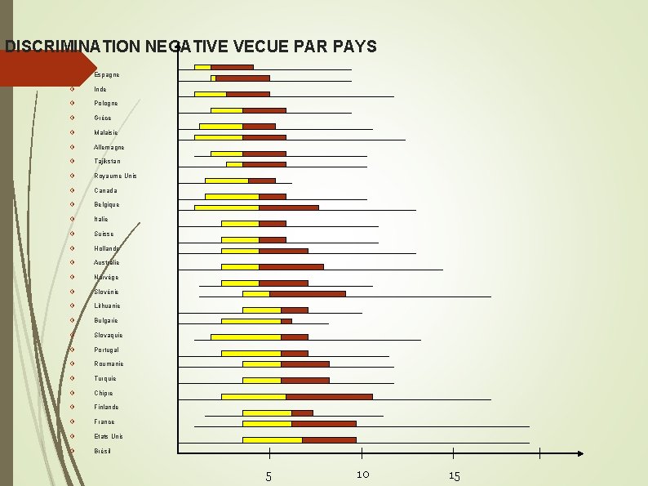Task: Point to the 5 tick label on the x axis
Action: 269,476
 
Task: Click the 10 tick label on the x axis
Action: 363,475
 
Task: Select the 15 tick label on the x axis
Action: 455,476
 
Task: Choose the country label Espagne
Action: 107,74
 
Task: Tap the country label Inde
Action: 100,89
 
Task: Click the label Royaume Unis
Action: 116,176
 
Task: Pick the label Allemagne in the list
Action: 109,147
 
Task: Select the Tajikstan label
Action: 108,162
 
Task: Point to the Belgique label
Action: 107,205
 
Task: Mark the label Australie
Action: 107,262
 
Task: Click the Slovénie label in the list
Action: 106,292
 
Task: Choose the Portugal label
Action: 107,350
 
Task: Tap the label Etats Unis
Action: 109,436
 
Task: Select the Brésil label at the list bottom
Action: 102,451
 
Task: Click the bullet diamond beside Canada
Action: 73,190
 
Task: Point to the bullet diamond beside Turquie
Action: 73,378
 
